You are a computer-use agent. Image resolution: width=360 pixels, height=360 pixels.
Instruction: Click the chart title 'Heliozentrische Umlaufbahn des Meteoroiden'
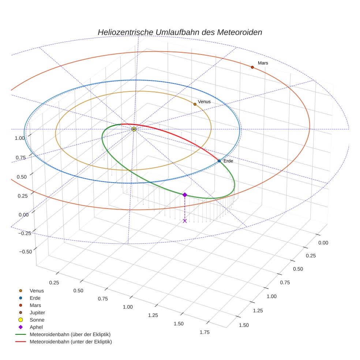[x=180, y=32]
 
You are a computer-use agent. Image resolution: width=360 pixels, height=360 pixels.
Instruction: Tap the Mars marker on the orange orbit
[x=252, y=67]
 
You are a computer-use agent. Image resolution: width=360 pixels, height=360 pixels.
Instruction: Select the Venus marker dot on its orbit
[x=195, y=104]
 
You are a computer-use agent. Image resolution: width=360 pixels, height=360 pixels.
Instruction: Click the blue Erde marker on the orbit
[x=219, y=161]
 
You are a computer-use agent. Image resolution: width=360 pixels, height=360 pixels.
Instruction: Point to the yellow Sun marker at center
[x=134, y=129]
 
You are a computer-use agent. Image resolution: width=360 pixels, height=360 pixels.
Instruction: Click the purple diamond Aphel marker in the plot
[x=185, y=195]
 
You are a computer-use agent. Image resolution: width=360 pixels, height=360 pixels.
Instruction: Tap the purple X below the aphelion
[x=185, y=221]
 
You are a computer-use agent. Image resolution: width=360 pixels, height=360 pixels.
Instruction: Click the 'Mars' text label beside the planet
[x=263, y=63]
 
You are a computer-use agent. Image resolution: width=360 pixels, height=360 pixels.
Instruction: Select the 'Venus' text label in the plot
[x=204, y=102]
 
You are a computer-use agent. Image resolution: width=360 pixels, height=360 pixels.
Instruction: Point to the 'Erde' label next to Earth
[x=228, y=161]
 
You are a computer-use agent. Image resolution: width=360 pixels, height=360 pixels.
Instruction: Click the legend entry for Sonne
[x=37, y=320]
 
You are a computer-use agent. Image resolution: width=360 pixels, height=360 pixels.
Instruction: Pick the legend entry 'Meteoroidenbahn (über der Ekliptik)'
[x=70, y=334]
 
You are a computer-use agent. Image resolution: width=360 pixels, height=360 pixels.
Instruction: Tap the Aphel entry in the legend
[x=36, y=327]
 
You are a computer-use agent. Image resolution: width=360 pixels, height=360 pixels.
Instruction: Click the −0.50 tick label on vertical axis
[x=25, y=251]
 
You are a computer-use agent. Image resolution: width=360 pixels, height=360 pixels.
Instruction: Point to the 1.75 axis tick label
[x=205, y=332]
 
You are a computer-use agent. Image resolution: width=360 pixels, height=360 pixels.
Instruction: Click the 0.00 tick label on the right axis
[x=323, y=243]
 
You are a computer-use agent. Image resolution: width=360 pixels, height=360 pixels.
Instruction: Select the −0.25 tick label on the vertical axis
[x=25, y=233]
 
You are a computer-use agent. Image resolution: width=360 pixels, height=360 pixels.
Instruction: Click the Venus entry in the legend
[x=37, y=290]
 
